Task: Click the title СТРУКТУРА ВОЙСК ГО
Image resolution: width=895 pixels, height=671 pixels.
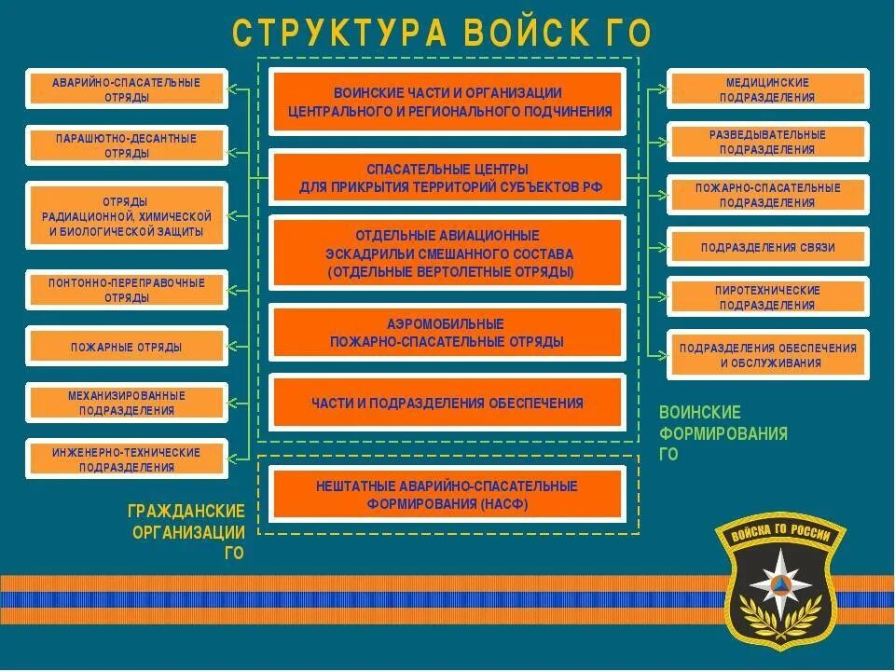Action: point(441,34)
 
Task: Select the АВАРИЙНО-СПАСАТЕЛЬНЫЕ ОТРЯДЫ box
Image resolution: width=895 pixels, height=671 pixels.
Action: point(127,89)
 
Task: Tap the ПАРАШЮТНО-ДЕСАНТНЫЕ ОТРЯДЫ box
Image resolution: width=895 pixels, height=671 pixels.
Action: point(127,146)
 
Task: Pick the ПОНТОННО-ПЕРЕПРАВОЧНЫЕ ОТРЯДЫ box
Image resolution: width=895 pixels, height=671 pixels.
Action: point(127,290)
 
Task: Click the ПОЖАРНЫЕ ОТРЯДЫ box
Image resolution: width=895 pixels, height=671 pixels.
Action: point(127,348)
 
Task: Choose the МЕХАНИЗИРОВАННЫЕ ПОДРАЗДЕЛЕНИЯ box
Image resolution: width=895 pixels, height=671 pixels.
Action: point(127,403)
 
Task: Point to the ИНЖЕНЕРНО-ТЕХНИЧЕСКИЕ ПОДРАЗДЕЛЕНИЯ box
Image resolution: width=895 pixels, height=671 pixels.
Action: point(127,459)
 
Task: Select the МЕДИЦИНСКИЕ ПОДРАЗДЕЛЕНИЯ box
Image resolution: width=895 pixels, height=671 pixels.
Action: point(767,89)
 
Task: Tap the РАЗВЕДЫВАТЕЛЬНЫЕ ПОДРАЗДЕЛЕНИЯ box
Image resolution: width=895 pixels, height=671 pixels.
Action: point(767,142)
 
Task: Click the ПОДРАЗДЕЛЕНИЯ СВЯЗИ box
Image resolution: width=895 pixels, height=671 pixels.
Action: point(767,248)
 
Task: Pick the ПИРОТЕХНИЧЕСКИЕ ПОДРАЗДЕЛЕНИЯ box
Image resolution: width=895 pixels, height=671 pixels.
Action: point(767,297)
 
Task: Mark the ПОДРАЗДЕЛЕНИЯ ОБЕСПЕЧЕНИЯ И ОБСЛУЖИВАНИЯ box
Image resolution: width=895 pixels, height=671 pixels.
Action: point(767,355)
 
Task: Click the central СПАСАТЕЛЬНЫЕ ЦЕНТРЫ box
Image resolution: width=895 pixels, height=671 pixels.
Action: point(447,178)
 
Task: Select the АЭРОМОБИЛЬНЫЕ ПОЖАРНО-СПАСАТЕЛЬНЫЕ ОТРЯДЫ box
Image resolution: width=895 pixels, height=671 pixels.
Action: point(447,333)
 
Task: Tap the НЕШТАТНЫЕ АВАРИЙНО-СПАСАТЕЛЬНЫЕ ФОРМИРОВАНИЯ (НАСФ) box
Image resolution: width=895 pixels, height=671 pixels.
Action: point(447,495)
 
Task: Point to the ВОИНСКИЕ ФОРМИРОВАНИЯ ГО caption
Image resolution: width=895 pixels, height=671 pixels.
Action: point(723,433)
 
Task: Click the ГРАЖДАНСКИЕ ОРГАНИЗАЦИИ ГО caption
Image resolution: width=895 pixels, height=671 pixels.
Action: point(187,532)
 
